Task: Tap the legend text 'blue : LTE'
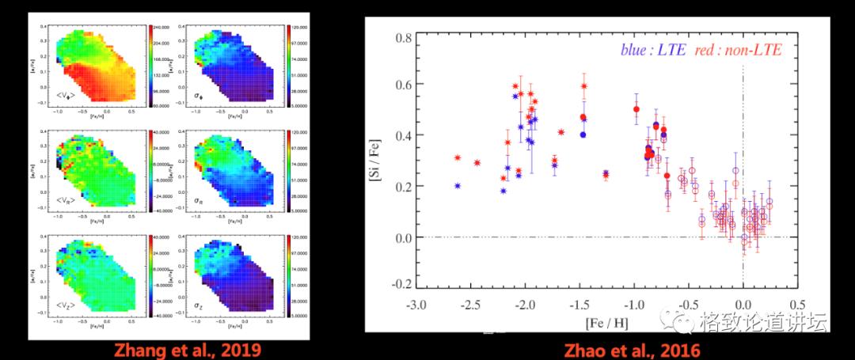coord(649,50)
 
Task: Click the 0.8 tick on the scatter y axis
coord(402,38)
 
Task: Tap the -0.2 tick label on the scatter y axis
coord(401,284)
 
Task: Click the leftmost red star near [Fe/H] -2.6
coord(458,157)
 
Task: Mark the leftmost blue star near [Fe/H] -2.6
coord(458,185)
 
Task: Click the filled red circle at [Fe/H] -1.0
coord(636,109)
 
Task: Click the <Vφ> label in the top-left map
coord(66,97)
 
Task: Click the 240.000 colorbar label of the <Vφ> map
coord(165,28)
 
